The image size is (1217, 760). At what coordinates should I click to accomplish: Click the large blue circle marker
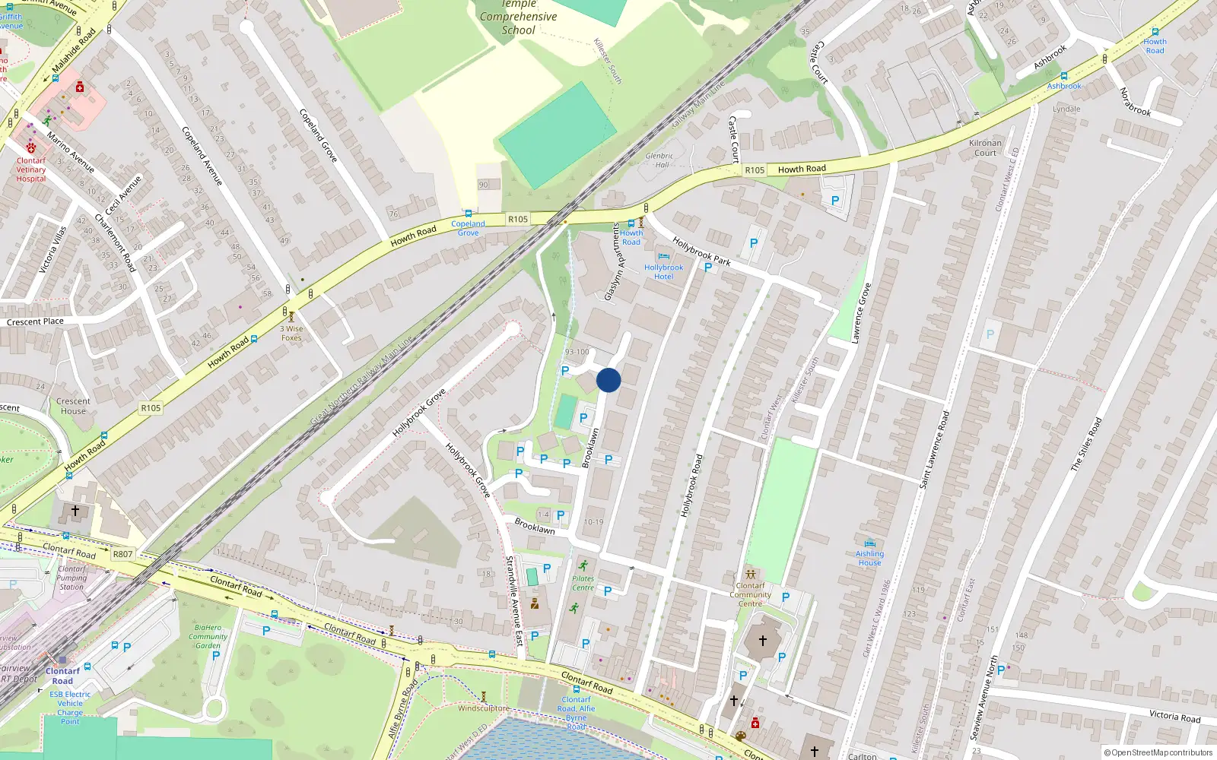click(608, 380)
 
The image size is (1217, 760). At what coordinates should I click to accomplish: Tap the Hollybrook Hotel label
click(663, 272)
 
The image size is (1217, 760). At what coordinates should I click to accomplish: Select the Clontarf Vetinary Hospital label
click(31, 169)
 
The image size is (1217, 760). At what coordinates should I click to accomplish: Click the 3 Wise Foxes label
click(291, 334)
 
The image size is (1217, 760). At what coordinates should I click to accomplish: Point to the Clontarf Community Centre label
click(750, 594)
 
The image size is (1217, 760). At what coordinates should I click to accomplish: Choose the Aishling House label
click(869, 558)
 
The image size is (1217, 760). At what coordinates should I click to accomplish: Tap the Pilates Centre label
click(583, 583)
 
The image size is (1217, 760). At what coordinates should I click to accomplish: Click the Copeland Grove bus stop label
click(468, 228)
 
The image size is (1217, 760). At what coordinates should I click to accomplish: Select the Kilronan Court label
click(985, 147)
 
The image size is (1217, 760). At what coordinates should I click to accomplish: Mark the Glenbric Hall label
click(659, 160)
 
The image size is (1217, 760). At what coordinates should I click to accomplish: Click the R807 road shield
click(122, 554)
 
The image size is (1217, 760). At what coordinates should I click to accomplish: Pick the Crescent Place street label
click(35, 322)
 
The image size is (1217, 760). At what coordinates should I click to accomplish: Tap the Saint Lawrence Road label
click(934, 450)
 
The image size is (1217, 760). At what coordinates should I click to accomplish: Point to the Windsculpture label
click(483, 708)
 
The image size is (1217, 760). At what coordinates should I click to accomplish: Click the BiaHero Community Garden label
click(208, 637)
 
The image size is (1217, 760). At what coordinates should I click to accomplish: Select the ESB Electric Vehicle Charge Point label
click(70, 708)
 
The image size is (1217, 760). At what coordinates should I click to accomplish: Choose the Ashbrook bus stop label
click(1063, 86)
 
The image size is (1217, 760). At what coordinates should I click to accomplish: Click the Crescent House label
click(73, 406)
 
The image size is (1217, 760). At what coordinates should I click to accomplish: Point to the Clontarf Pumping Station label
click(71, 578)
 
